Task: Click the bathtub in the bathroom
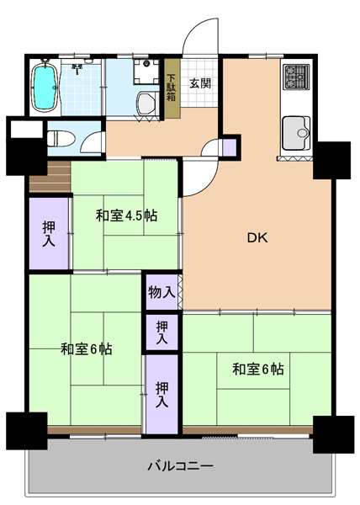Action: pos(45,87)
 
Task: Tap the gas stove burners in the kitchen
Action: pos(296,77)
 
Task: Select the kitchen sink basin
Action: pos(296,133)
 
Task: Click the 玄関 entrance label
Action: pos(200,83)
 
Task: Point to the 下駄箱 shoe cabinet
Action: pos(172,88)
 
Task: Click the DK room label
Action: pos(257,237)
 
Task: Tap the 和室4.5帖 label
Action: pos(127,215)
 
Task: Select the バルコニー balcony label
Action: pos(181,466)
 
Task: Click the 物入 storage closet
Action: pos(161,292)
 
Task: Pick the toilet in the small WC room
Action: pos(61,139)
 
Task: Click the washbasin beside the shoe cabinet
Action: pos(146,103)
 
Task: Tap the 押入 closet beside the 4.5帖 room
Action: pos(49,233)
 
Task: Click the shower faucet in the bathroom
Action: pos(77,69)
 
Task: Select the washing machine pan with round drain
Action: pos(146,72)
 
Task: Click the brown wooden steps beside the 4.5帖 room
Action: pos(50,177)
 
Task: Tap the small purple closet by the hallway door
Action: pos(230,147)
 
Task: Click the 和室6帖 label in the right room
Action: pos(258,369)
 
